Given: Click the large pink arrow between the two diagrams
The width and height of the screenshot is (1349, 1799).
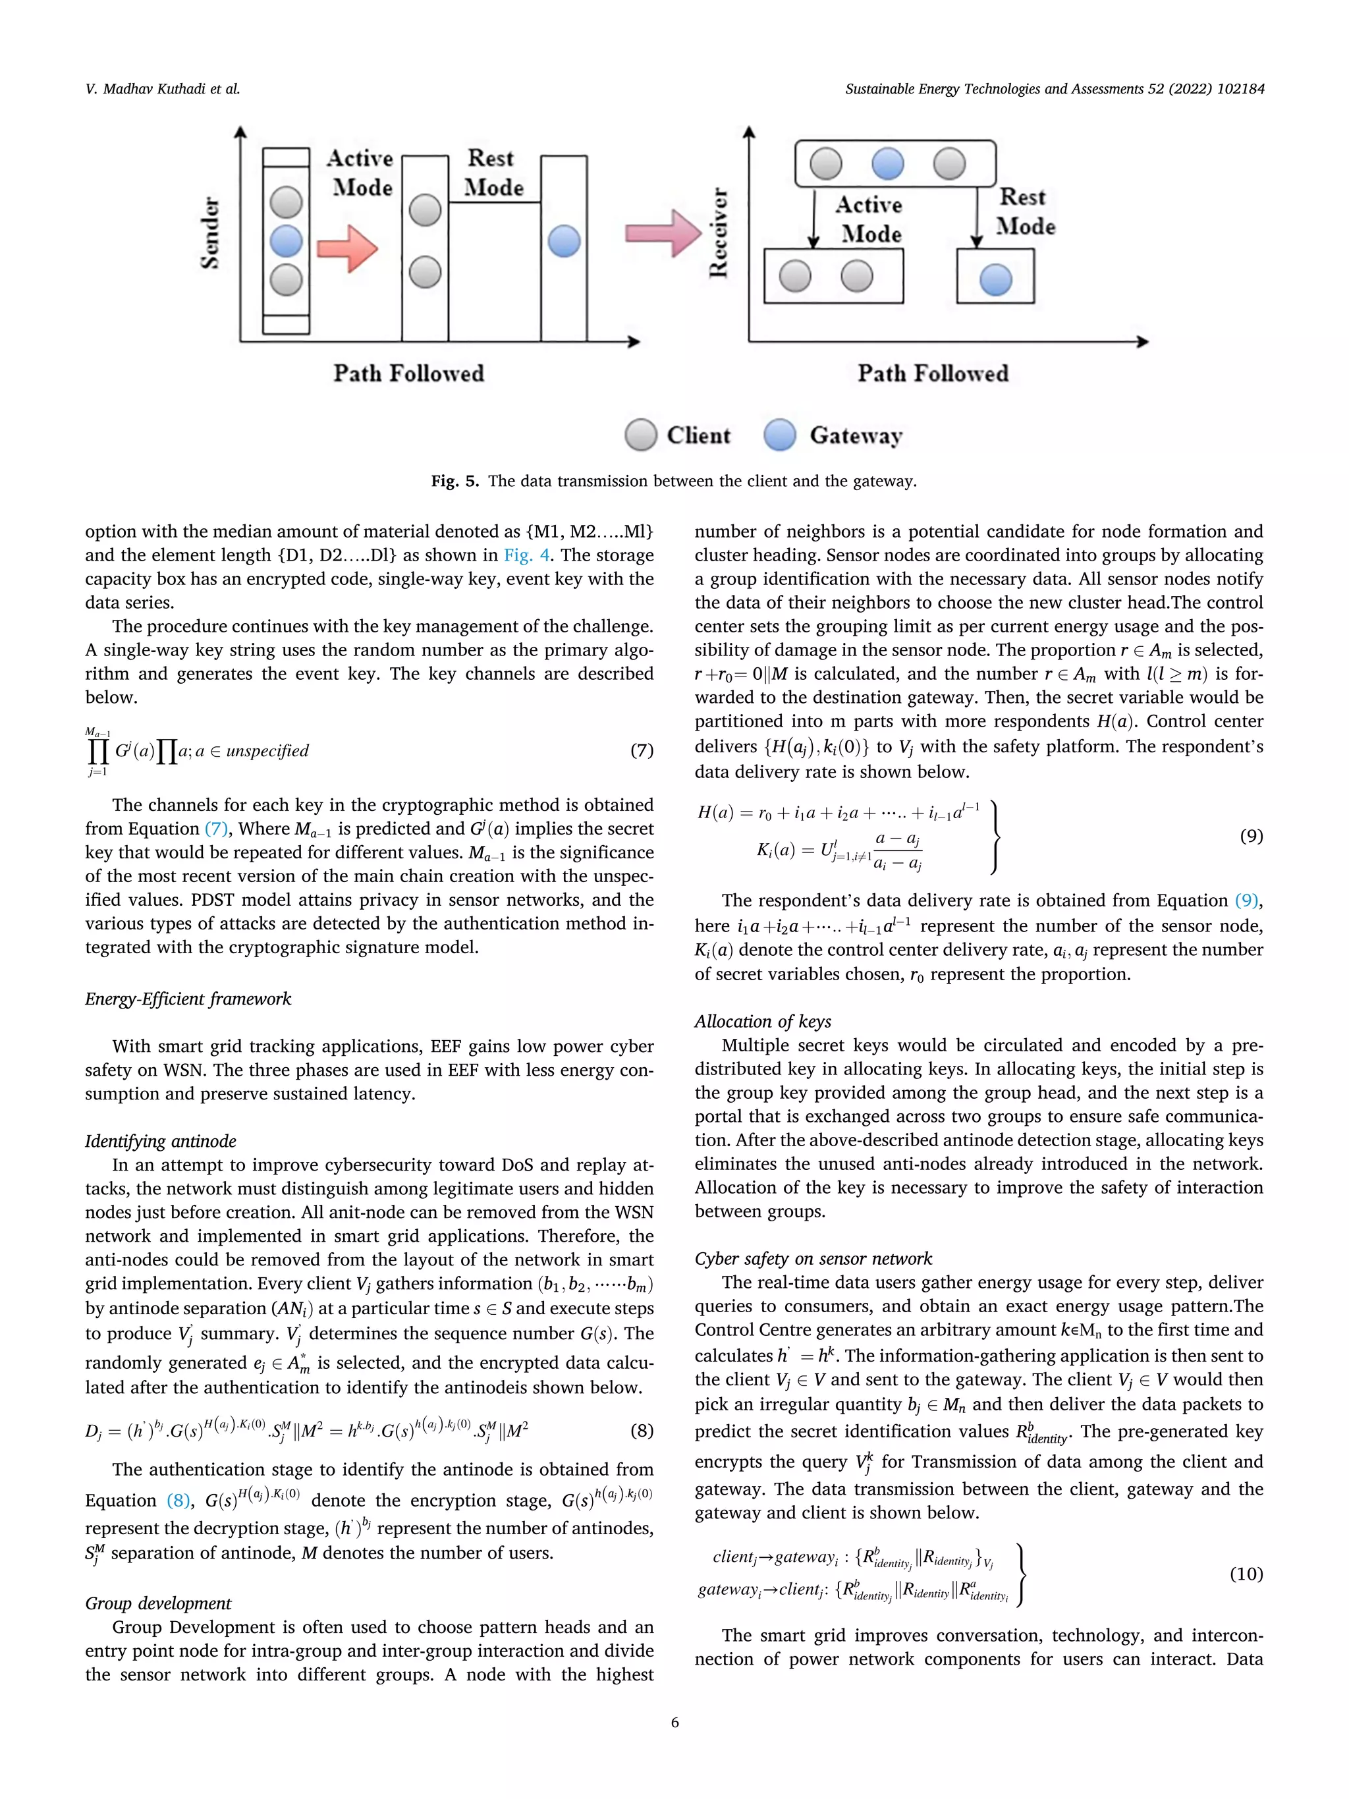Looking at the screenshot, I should tap(662, 233).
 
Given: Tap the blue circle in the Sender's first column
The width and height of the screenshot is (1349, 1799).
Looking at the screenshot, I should tap(287, 240).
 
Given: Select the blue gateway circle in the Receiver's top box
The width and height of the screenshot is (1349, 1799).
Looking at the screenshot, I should tap(887, 163).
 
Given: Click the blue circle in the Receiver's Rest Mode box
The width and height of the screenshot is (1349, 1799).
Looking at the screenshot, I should tap(995, 279).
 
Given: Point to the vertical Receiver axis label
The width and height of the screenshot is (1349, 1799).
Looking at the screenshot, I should tap(718, 233).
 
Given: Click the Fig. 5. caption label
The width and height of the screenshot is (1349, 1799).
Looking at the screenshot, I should tap(455, 481).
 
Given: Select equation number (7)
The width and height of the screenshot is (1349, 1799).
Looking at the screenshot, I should tap(642, 750).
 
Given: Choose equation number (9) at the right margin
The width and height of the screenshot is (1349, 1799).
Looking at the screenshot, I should tap(1251, 835).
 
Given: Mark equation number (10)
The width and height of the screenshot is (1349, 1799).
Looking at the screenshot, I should tap(1246, 1573).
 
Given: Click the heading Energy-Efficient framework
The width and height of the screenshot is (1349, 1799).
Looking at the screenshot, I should tap(188, 999).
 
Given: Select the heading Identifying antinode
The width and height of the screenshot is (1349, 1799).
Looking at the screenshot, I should tap(161, 1140).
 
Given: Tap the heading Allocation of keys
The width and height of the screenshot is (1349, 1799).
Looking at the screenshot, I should tap(763, 1022).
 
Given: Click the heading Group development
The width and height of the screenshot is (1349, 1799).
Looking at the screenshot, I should tap(159, 1602).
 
